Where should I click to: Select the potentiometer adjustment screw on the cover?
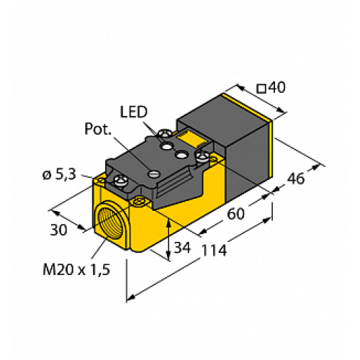pos(153,171)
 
